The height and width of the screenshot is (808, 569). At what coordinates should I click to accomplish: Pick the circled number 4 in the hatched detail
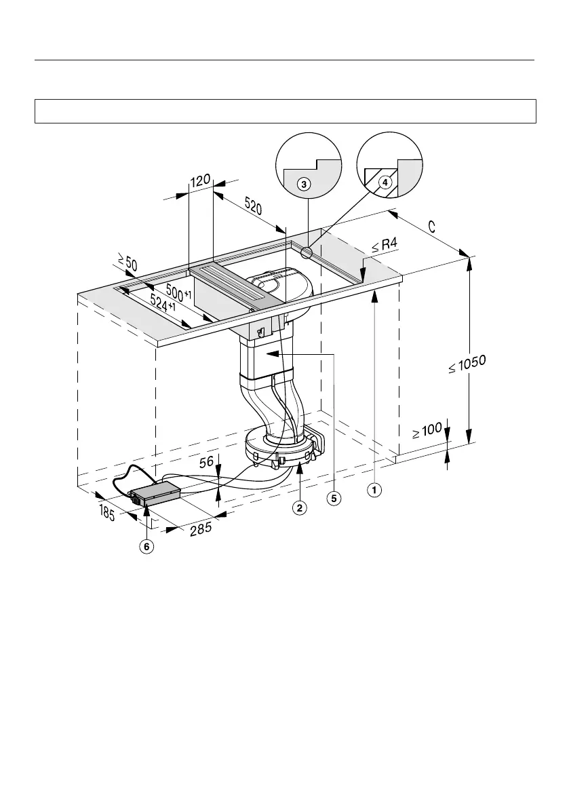pyautogui.click(x=385, y=182)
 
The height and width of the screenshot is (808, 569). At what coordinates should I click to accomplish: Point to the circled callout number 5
pyautogui.click(x=334, y=498)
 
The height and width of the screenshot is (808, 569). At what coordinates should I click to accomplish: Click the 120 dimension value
pyautogui.click(x=200, y=182)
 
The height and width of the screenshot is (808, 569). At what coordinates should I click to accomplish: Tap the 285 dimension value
pyautogui.click(x=200, y=528)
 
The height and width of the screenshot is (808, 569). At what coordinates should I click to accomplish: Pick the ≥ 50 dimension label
pyautogui.click(x=126, y=261)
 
